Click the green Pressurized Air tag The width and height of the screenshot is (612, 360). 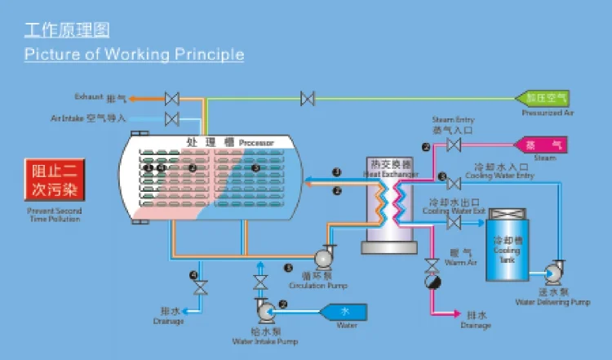[x=543, y=97]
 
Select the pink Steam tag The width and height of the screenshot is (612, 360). [x=539, y=144]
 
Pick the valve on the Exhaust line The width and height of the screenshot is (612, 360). [x=172, y=98]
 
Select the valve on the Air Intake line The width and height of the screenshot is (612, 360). [x=172, y=119]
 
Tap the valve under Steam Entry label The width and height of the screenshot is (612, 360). [x=454, y=145]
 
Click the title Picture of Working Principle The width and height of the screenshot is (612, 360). [x=134, y=55]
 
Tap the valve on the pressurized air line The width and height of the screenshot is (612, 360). [x=308, y=98]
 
